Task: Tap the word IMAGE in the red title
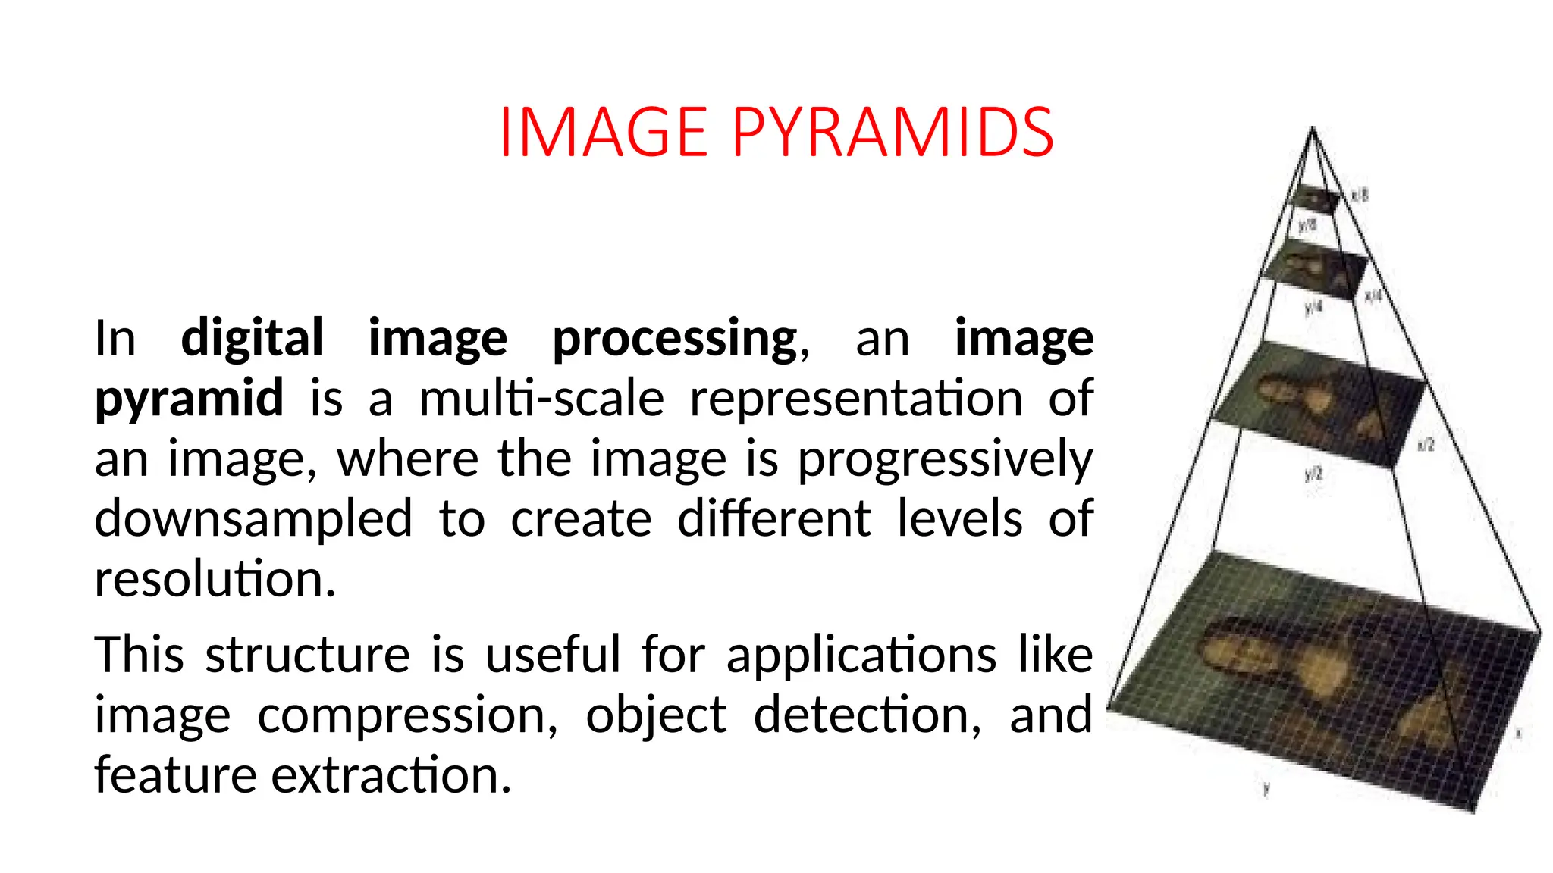tap(604, 133)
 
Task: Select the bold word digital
tap(252, 338)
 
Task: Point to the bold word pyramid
tap(189, 399)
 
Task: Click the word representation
tap(856, 398)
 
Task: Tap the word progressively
tap(945, 460)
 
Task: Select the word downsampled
tap(253, 520)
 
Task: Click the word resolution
tap(215, 579)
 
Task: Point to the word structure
tap(307, 654)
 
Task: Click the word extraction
tap(391, 775)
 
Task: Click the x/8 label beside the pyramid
tap(1360, 195)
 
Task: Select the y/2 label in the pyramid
tap(1313, 474)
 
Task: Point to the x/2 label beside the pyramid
tap(1426, 444)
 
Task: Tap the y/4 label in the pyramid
tap(1313, 307)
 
